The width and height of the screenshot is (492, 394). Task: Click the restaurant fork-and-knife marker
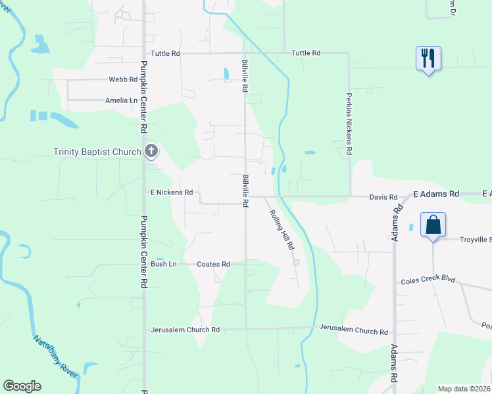[x=428, y=58]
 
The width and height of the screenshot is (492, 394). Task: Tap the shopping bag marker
[x=433, y=225]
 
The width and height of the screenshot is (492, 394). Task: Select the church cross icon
[x=151, y=152]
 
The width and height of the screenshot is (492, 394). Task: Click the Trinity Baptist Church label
[x=97, y=152]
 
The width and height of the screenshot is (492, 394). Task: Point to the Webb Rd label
[x=124, y=79]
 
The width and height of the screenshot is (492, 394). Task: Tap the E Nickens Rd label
[x=171, y=192]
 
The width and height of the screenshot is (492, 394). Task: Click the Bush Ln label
[x=164, y=264]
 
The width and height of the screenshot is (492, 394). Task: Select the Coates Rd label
[x=213, y=264]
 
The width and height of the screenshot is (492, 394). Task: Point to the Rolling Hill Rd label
[x=282, y=230]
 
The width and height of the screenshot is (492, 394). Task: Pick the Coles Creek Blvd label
[x=428, y=280]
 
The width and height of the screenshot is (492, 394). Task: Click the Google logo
[x=22, y=386]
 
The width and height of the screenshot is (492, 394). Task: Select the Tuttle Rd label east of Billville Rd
[x=305, y=53]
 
